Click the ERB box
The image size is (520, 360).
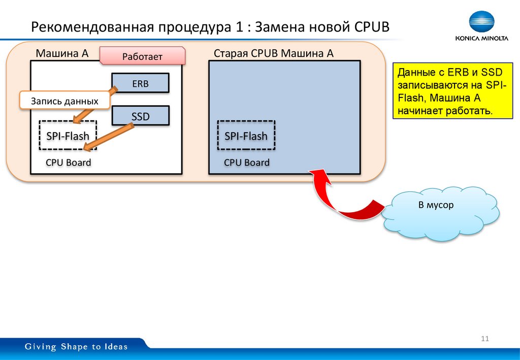pyautogui.click(x=140, y=83)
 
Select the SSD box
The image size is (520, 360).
pyautogui.click(x=140, y=116)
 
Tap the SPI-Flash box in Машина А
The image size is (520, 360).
pyautogui.click(x=68, y=136)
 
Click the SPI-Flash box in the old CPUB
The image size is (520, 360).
pyautogui.click(x=246, y=136)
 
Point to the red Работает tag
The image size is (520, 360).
pyautogui.click(x=142, y=56)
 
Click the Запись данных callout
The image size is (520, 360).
pyautogui.click(x=64, y=101)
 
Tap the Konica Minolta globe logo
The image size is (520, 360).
pyautogui.click(x=481, y=23)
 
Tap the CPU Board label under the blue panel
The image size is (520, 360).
pyautogui.click(x=247, y=163)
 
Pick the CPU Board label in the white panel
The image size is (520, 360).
pyautogui.click(x=68, y=163)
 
